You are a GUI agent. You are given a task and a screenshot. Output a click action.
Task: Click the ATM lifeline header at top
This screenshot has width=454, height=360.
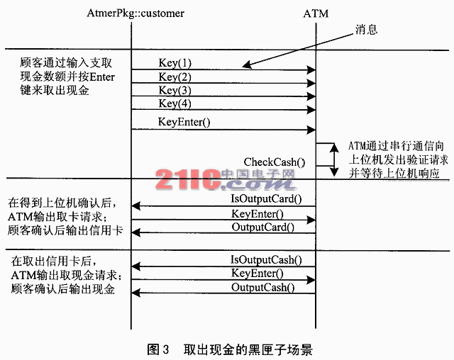(x=317, y=13)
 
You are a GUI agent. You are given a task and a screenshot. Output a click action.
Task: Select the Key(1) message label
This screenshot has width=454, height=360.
(x=175, y=63)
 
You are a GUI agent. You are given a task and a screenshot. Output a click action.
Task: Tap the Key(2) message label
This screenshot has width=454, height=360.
(x=175, y=77)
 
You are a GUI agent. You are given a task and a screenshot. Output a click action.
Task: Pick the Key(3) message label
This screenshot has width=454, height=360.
(x=175, y=90)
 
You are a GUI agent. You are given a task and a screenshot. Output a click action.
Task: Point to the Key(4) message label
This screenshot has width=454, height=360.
(x=175, y=103)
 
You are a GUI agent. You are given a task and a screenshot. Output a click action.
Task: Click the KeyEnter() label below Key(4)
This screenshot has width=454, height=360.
(x=184, y=122)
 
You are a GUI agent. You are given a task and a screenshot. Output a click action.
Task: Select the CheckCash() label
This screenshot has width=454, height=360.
(x=270, y=162)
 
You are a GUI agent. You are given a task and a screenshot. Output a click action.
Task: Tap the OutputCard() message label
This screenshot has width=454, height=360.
(x=263, y=227)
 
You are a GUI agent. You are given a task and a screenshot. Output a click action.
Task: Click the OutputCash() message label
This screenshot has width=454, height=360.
(x=263, y=287)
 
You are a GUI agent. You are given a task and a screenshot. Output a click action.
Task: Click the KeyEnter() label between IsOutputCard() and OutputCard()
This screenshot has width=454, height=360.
(x=257, y=213)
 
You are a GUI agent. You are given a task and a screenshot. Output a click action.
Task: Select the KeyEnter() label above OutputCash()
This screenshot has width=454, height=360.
(x=257, y=273)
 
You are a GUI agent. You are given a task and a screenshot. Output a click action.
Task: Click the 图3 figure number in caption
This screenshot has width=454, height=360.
(x=157, y=349)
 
